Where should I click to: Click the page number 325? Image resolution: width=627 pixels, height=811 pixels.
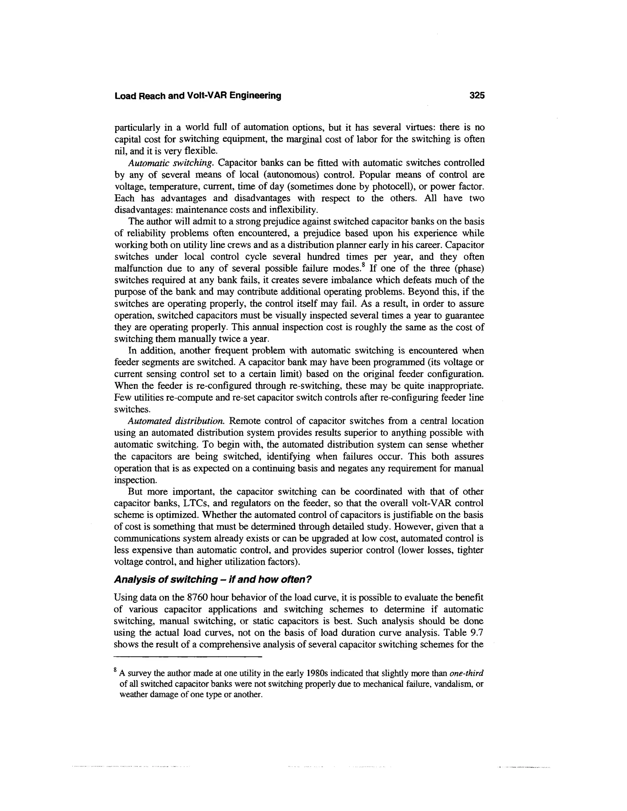tap(477, 96)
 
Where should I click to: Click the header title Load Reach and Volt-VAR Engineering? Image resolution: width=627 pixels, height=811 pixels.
tap(197, 96)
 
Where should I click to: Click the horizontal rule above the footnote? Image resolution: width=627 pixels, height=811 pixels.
tap(188, 657)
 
